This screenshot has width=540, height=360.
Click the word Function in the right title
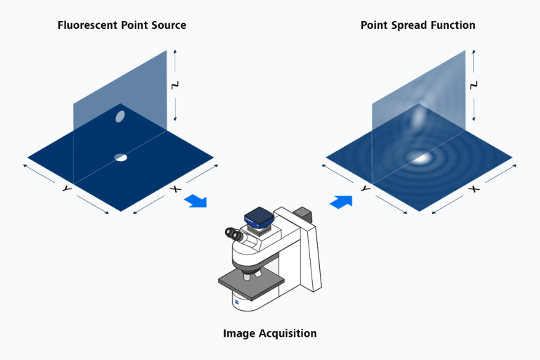[x=452, y=25]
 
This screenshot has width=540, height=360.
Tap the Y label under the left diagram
[x=66, y=189]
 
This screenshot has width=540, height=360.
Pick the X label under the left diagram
[x=176, y=189]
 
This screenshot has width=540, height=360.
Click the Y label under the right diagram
[x=365, y=189]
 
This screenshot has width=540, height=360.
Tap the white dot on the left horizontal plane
[x=121, y=157]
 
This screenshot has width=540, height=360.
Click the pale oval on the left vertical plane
[x=120, y=116]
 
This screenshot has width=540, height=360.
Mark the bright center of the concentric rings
[x=422, y=157]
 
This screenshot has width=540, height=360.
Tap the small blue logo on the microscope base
[x=238, y=302]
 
